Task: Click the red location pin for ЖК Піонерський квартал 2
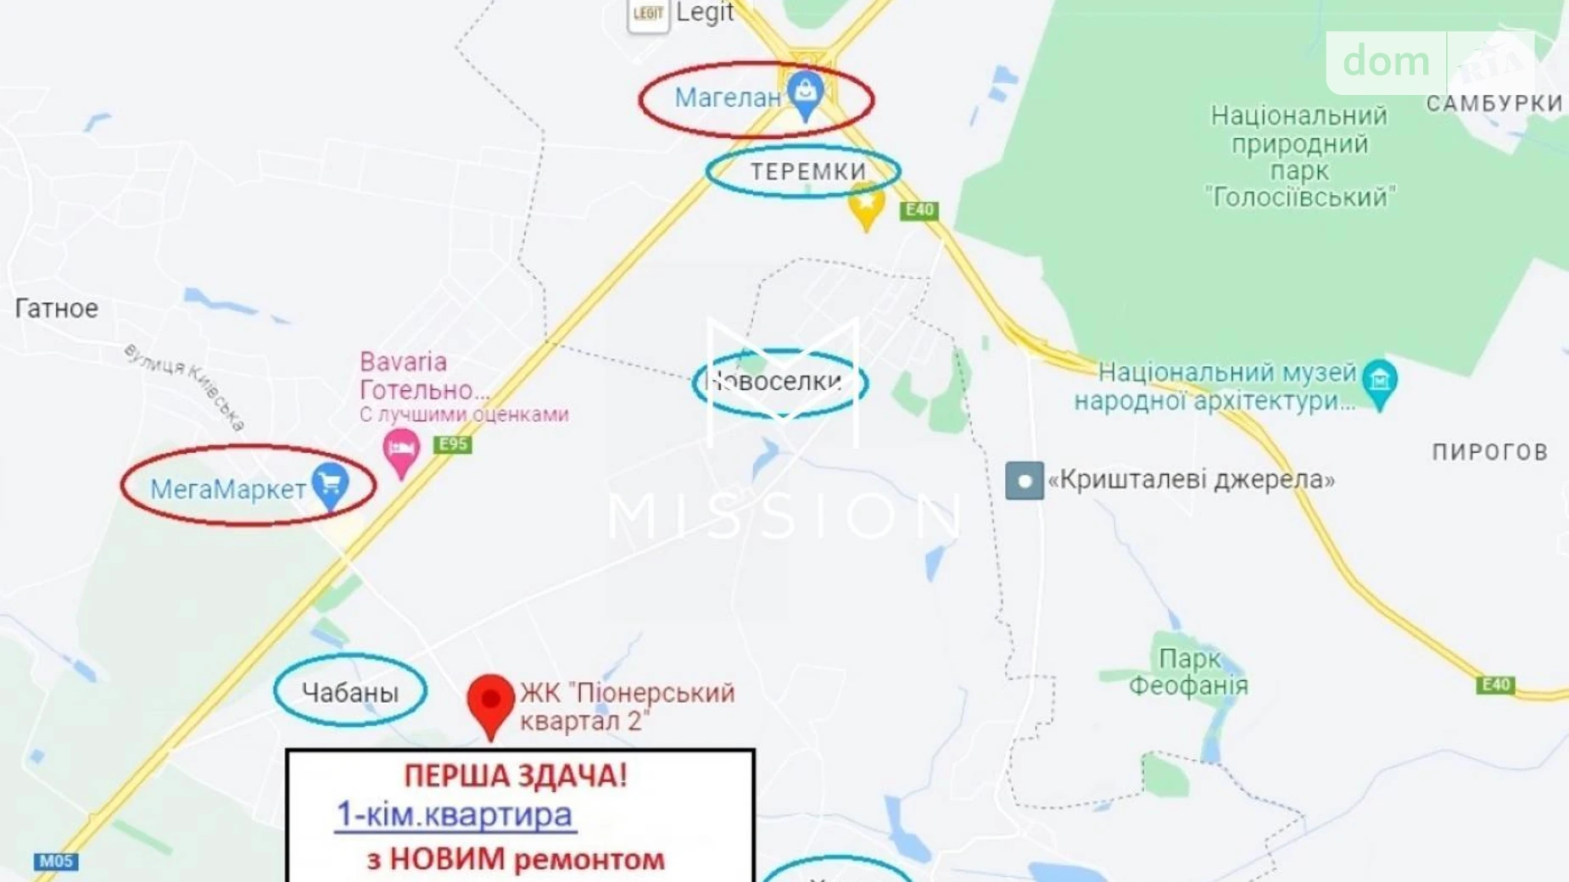490,703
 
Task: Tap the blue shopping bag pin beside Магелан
805,92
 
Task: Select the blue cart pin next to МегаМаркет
330,485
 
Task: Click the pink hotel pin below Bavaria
401,449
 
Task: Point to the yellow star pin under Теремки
866,207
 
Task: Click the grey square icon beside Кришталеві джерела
1024,481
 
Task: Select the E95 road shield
452,444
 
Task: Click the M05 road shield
56,862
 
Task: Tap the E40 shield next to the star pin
919,210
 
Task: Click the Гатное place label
56,309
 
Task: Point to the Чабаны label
350,693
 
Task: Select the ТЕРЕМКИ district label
808,171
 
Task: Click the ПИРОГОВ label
1490,452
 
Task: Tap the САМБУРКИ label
1494,103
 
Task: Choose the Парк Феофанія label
1188,672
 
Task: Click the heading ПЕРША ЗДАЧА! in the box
515,776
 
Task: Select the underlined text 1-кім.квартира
455,815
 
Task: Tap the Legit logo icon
648,14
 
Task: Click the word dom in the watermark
1386,62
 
